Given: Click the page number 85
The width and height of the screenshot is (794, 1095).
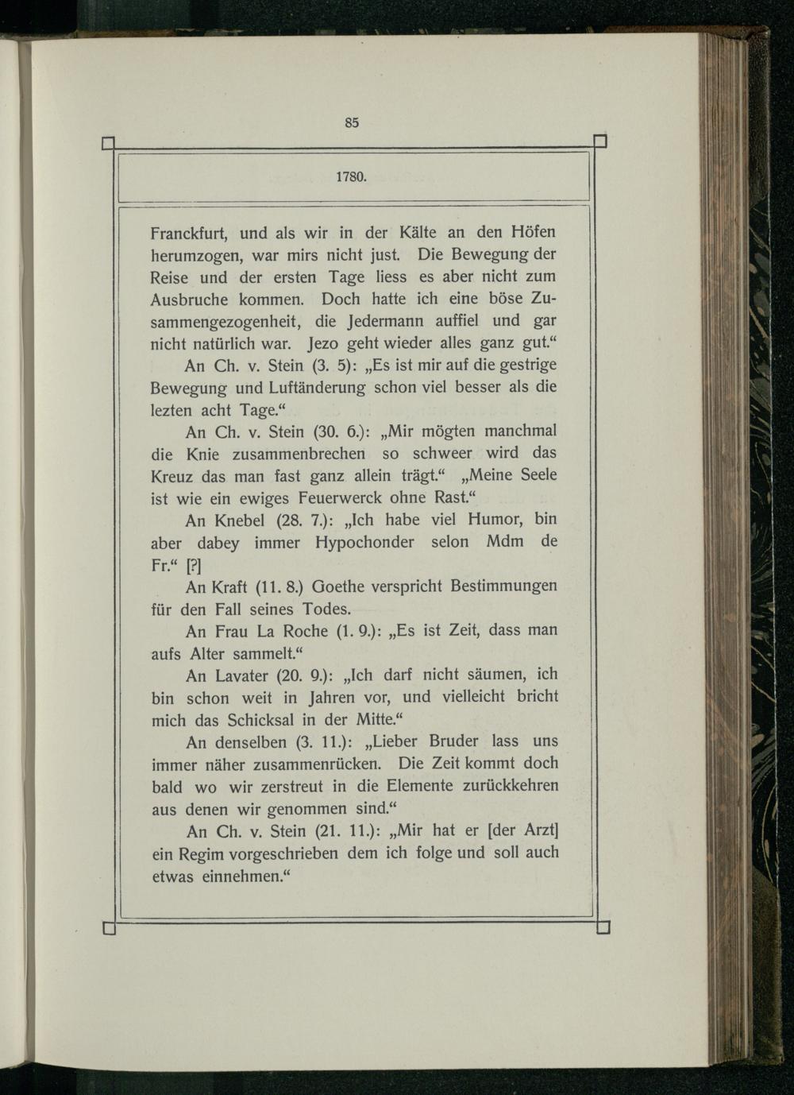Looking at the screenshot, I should (x=353, y=122).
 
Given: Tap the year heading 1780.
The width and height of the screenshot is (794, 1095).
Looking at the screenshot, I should (x=351, y=176).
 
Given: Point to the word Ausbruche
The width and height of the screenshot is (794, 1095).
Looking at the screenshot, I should (x=190, y=300).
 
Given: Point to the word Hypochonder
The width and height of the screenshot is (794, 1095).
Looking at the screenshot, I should (x=364, y=543).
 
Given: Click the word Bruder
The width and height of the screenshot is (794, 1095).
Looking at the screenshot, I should (x=453, y=741).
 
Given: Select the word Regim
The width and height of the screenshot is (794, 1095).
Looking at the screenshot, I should (x=199, y=853).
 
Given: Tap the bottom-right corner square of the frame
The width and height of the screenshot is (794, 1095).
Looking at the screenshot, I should (x=603, y=927).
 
